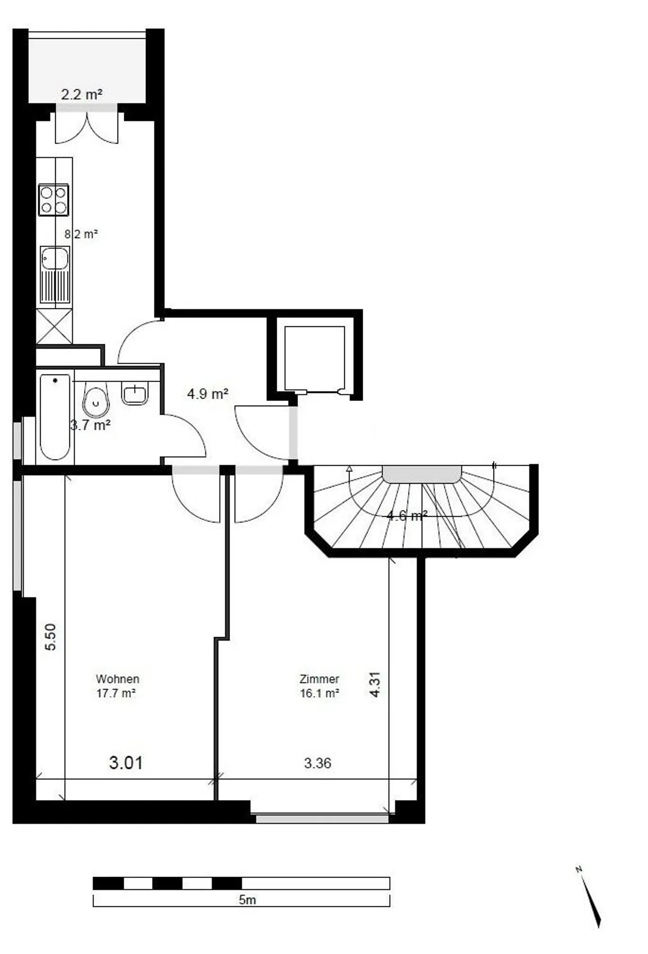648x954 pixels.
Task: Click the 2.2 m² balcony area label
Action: coord(81,94)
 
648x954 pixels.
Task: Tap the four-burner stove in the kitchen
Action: coord(54,200)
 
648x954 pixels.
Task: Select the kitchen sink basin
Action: coord(55,258)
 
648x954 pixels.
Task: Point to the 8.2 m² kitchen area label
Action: coord(81,234)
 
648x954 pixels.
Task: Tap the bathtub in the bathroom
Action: coord(55,417)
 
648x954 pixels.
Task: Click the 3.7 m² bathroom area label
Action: coord(90,425)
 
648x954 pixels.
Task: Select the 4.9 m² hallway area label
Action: coord(207,394)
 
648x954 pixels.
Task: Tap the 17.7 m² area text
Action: coord(116,693)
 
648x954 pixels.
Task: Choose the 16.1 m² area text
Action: coord(319,693)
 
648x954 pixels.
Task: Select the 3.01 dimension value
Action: coord(126,763)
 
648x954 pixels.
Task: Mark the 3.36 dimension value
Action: coord(318,763)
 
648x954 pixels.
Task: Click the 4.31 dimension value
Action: coord(375,684)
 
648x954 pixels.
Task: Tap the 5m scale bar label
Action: coord(247,900)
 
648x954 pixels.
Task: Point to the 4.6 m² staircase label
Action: coord(407,515)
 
